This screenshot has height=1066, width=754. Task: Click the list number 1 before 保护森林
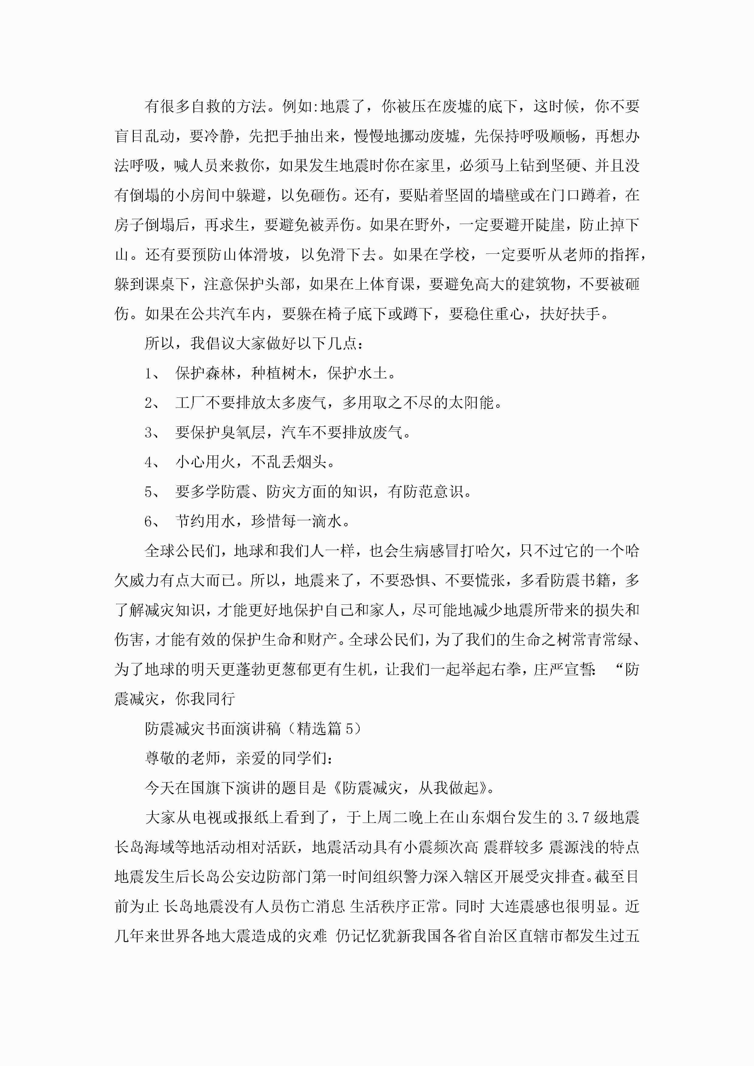tap(149, 373)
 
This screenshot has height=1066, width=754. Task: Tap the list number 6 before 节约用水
tap(149, 521)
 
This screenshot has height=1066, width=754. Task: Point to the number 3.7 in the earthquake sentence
tap(578, 818)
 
